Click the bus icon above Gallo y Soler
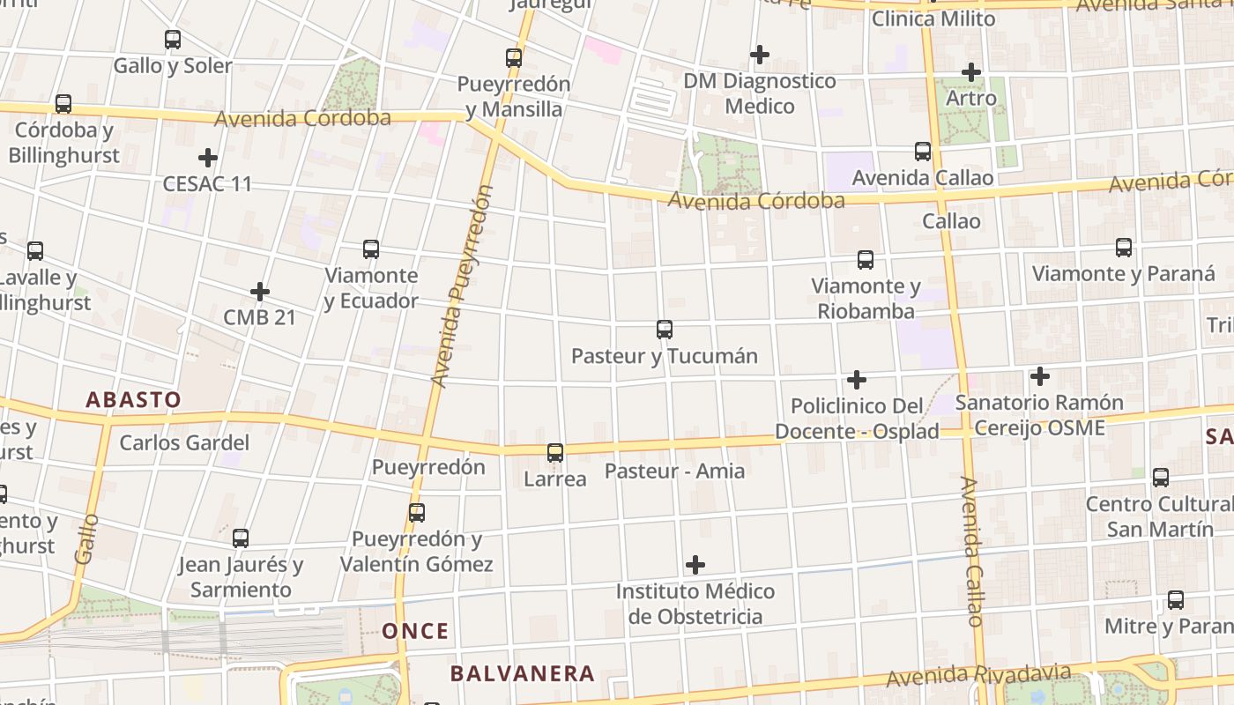pos(173,40)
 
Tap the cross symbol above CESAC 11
pos(208,159)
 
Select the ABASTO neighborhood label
pos(133,399)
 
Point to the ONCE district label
pos(415,631)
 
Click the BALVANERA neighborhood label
pos(523,674)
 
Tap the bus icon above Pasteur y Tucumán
pos(665,330)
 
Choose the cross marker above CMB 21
pos(259,292)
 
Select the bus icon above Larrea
pos(555,453)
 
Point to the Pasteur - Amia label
pos(674,471)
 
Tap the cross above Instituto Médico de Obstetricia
pos(695,564)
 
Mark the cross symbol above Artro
pos(971,72)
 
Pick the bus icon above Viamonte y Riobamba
pos(866,260)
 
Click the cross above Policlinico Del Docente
pos(856,380)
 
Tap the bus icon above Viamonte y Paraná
pos(1124,248)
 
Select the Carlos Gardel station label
pos(184,442)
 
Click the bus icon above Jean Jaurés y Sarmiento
pos(241,538)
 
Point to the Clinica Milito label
pos(933,19)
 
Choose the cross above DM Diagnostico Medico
pos(759,55)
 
